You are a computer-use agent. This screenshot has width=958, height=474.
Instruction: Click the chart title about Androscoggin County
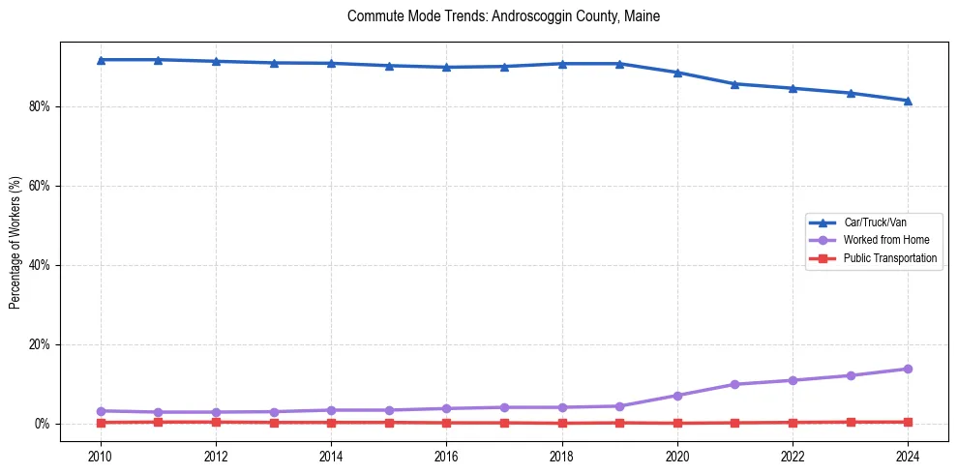click(x=503, y=16)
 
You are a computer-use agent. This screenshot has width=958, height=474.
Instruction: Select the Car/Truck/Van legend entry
click(x=875, y=222)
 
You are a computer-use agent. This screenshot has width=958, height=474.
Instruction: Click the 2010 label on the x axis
click(x=101, y=455)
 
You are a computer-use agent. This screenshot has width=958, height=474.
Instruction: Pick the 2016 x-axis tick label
click(x=446, y=455)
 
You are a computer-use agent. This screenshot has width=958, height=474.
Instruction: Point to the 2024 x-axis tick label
click(x=908, y=455)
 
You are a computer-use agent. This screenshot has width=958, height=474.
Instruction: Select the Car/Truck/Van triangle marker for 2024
click(x=908, y=101)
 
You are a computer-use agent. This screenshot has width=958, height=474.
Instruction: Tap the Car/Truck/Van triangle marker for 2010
click(x=101, y=60)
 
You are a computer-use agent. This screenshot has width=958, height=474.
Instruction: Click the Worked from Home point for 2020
click(x=677, y=396)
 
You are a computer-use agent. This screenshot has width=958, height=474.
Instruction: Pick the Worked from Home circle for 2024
click(x=908, y=369)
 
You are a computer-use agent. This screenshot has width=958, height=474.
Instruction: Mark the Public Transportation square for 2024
click(x=908, y=422)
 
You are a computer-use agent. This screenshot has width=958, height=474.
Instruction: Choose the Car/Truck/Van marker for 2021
click(x=734, y=84)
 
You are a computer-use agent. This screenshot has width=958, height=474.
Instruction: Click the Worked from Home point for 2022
click(x=793, y=380)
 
